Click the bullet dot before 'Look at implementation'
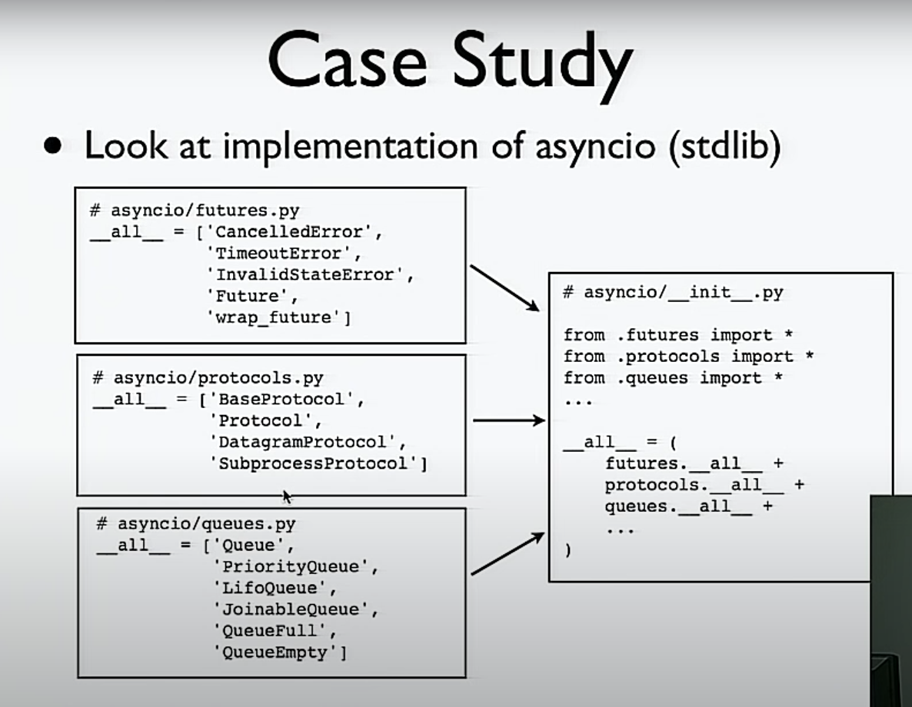tap(52, 146)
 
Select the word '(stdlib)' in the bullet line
tap(725, 145)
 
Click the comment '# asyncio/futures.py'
tap(194, 211)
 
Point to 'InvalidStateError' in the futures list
tap(306, 274)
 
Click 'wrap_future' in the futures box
tap(275, 317)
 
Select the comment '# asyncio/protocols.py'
tap(208, 378)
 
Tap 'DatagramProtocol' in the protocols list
tap(305, 442)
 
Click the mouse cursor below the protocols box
tap(287, 497)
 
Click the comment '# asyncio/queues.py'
tap(196, 524)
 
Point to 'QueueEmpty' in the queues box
tap(280, 652)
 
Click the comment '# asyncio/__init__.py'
tap(673, 292)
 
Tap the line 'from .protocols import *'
tap(688, 357)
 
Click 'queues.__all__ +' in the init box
tap(688, 506)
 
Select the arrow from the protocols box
tap(508, 420)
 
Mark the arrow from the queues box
tap(507, 554)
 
